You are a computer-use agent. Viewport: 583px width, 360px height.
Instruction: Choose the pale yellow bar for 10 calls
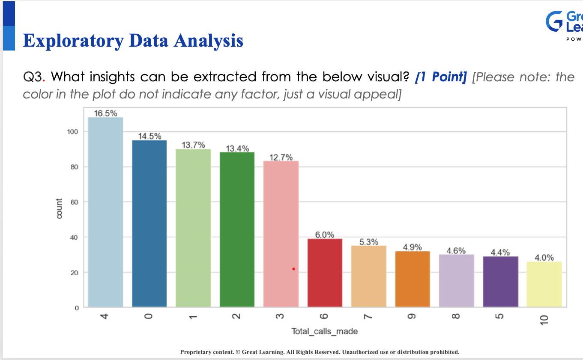click(544, 284)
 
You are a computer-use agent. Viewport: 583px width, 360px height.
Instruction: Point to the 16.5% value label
click(105, 113)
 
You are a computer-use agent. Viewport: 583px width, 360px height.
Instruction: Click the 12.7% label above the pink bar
click(281, 157)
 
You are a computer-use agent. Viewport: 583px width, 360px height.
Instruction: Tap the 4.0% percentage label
click(544, 258)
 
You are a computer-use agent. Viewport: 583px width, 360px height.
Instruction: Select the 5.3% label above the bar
click(368, 242)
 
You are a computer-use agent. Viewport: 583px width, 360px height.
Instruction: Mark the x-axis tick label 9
click(413, 317)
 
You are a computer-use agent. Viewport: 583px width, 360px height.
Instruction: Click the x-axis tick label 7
click(368, 317)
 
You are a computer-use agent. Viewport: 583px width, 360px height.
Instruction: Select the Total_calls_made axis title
click(325, 331)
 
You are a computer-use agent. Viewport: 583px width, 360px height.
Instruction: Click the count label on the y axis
click(60, 208)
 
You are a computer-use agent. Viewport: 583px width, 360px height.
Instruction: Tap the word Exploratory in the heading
click(73, 41)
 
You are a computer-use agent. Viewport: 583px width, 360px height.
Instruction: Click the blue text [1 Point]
click(441, 77)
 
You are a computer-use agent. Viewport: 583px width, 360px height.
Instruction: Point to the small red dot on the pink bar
click(293, 269)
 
